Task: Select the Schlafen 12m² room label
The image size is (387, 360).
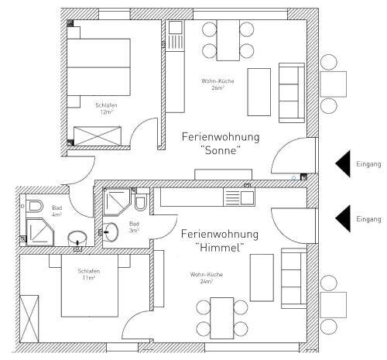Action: [x=106, y=108]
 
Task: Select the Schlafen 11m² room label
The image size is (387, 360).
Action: [x=89, y=274]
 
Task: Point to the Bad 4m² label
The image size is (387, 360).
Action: [x=57, y=211]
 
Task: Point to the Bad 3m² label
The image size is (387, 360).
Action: [x=134, y=227]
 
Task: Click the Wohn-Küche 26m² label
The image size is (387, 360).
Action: [x=217, y=84]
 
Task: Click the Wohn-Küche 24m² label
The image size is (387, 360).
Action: [x=207, y=278]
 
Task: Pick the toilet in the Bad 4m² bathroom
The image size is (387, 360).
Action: [x=34, y=206]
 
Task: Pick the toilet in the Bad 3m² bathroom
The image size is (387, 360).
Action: [x=141, y=202]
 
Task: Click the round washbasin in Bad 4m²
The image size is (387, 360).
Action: [x=77, y=238]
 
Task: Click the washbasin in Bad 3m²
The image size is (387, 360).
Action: [x=110, y=232]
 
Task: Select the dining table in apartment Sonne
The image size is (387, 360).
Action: [x=228, y=40]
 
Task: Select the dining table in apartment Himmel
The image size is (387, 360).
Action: [x=222, y=318]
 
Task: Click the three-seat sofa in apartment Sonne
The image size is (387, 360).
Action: [x=292, y=93]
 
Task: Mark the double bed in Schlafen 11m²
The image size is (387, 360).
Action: [x=90, y=286]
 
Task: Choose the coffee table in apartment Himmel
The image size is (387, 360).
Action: [x=262, y=278]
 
